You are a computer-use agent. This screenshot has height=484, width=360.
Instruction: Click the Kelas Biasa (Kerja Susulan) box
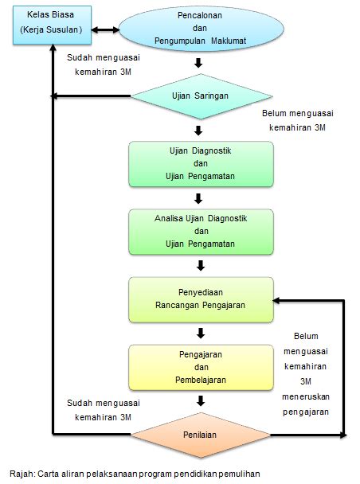(x=52, y=25)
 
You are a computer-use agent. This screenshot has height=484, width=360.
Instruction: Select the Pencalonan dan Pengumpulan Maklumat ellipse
(x=201, y=29)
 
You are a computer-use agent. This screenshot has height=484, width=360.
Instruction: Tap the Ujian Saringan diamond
(x=202, y=96)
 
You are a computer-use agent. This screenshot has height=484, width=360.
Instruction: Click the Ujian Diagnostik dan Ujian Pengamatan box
(x=201, y=164)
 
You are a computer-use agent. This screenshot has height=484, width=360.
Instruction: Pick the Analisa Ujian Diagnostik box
(x=201, y=232)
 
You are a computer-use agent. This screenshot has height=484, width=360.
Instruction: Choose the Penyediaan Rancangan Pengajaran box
(x=201, y=300)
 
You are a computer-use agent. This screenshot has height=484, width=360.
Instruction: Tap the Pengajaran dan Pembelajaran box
(x=201, y=367)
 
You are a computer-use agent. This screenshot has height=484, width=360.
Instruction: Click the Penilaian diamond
(x=201, y=435)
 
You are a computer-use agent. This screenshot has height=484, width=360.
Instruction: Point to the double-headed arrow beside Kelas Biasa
(x=105, y=30)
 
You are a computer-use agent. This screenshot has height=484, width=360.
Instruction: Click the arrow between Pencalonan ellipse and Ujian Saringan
(x=198, y=63)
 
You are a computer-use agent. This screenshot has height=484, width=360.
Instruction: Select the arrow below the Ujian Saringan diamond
(x=198, y=131)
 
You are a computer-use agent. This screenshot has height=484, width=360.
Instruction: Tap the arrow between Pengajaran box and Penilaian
(x=201, y=401)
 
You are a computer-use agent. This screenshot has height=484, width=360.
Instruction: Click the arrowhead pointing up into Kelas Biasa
(x=53, y=47)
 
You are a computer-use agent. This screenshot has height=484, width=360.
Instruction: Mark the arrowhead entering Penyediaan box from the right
(x=276, y=300)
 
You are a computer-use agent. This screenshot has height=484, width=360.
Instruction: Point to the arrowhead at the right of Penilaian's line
(x=343, y=435)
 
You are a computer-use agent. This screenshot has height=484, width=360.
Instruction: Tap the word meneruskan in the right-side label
(x=306, y=396)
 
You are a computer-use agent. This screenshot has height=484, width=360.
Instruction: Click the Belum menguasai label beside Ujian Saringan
(x=298, y=120)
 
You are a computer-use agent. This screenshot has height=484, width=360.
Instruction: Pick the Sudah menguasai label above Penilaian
(x=104, y=410)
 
